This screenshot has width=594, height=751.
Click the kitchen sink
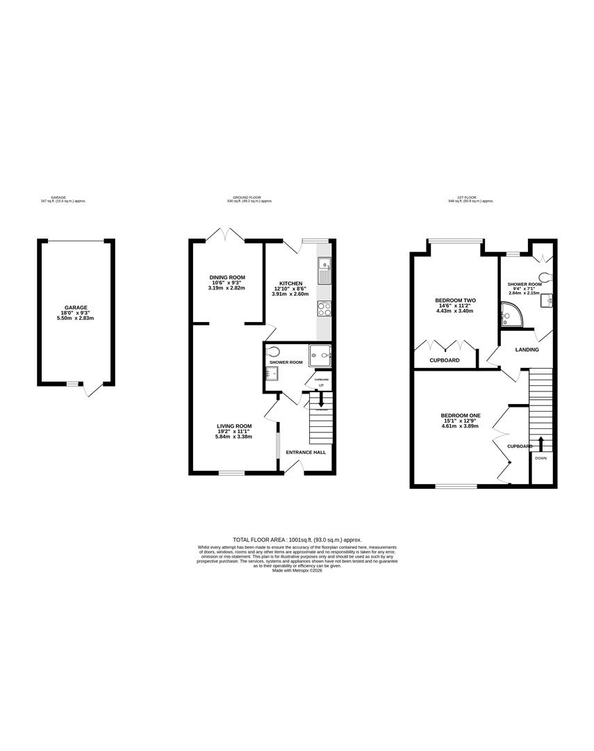click(x=324, y=271)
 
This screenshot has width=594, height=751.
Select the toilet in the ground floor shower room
click(x=274, y=351)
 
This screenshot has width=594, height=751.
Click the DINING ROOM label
click(x=227, y=277)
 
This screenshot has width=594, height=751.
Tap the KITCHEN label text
click(x=290, y=283)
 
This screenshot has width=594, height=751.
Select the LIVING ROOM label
click(x=233, y=426)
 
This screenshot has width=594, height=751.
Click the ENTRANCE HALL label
click(x=306, y=452)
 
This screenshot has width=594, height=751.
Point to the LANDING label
click(x=527, y=350)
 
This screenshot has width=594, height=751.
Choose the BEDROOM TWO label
click(x=455, y=300)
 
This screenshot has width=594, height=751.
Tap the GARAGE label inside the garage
click(x=76, y=307)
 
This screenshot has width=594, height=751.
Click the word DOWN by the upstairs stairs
click(x=541, y=458)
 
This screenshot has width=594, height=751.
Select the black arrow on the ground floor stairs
click(x=320, y=400)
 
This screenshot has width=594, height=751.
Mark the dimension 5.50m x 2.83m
click(x=76, y=318)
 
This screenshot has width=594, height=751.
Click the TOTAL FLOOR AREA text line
click(x=297, y=540)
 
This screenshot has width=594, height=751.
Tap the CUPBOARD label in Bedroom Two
click(x=445, y=360)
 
